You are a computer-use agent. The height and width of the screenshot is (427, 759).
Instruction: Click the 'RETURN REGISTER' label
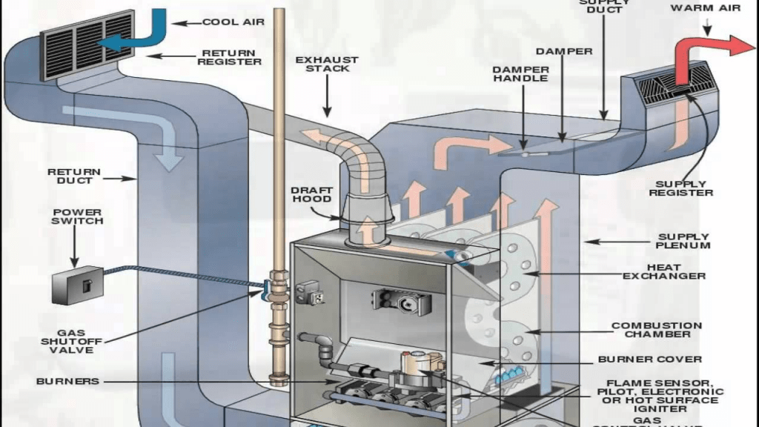(229, 57)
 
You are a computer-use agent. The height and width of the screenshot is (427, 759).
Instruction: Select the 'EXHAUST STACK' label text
(327, 64)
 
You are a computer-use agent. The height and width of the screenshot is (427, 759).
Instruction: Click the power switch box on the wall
(77, 284)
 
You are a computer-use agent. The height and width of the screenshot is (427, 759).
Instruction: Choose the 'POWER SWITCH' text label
(77, 216)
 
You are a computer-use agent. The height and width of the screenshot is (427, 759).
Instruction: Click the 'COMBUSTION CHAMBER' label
(656, 330)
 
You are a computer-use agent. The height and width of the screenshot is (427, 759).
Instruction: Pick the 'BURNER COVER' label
(649, 360)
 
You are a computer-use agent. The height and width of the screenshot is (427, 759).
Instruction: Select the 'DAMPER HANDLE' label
(520, 73)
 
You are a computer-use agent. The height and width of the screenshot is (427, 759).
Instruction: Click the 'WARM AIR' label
(706, 8)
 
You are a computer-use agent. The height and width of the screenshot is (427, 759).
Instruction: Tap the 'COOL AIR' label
(233, 22)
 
